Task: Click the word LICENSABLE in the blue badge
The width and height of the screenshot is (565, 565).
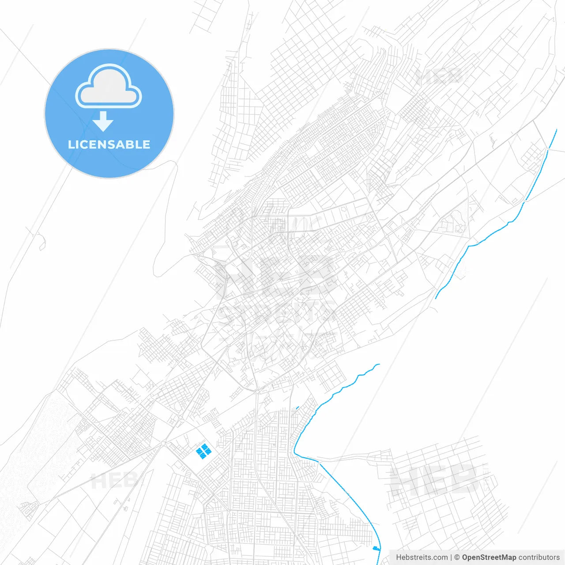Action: (109, 144)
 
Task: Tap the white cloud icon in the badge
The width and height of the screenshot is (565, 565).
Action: (109, 87)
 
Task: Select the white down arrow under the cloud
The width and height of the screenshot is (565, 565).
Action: (103, 121)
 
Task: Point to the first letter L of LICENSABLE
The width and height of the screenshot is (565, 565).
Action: (71, 144)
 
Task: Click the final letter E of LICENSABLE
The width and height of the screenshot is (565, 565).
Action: (146, 144)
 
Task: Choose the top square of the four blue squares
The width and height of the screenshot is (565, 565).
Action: (204, 446)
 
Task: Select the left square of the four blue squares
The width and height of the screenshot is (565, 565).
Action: (199, 451)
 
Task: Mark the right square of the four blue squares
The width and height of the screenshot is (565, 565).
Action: (208, 450)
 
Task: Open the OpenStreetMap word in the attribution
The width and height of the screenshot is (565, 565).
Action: (489, 557)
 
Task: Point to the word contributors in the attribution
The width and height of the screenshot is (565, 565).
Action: (539, 557)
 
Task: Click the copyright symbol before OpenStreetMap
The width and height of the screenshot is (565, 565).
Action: (457, 557)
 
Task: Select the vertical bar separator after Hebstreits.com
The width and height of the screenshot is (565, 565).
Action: (451, 557)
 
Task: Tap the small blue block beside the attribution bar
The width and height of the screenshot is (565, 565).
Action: (376, 548)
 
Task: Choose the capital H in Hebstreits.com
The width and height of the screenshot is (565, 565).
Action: (399, 557)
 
